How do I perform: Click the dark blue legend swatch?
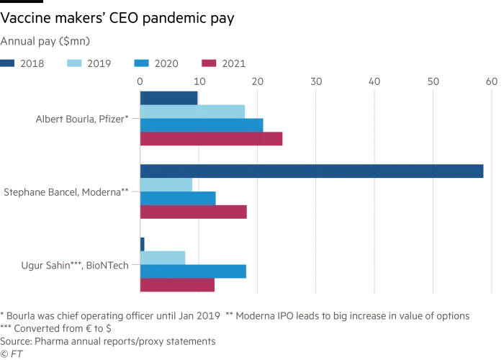pyautogui.click(x=9, y=63)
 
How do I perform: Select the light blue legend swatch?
pyautogui.click(x=73, y=63)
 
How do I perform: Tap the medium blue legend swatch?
pyautogui.click(x=141, y=63)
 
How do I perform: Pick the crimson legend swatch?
pyautogui.click(x=210, y=63)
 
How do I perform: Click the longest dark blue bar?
pyautogui.click(x=312, y=171)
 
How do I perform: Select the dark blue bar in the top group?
pyautogui.click(x=169, y=97)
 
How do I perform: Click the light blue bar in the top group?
pyautogui.click(x=194, y=111)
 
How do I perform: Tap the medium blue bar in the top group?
pyautogui.click(x=202, y=125)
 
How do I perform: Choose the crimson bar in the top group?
pyautogui.click(x=213, y=139)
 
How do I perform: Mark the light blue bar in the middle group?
pyautogui.click(x=168, y=184)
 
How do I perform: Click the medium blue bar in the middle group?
pyautogui.click(x=179, y=198)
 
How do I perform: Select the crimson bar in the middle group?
pyautogui.click(x=194, y=211)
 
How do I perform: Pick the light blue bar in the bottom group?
pyautogui.click(x=164, y=257)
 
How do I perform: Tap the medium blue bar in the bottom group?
pyautogui.click(x=194, y=271)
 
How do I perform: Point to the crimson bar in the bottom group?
pyautogui.click(x=179, y=285)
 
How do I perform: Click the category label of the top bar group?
pyautogui.click(x=84, y=119)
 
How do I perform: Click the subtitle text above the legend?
pyautogui.click(x=45, y=40)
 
